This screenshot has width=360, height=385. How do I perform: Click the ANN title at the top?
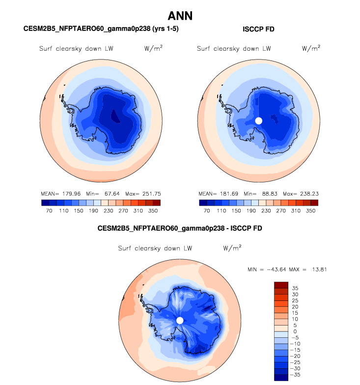click(x=180, y=16)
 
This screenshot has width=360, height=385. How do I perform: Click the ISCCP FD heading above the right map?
click(x=259, y=30)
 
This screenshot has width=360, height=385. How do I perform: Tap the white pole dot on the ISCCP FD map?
click(x=259, y=120)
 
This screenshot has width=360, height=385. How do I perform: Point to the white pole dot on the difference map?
click(x=180, y=321)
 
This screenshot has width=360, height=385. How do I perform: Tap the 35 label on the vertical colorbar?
click(x=295, y=288)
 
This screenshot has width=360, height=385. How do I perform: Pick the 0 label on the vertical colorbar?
click(x=295, y=331)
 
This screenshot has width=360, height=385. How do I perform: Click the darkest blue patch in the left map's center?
click(x=115, y=117)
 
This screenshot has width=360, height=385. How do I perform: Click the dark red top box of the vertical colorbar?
click(x=281, y=285)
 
